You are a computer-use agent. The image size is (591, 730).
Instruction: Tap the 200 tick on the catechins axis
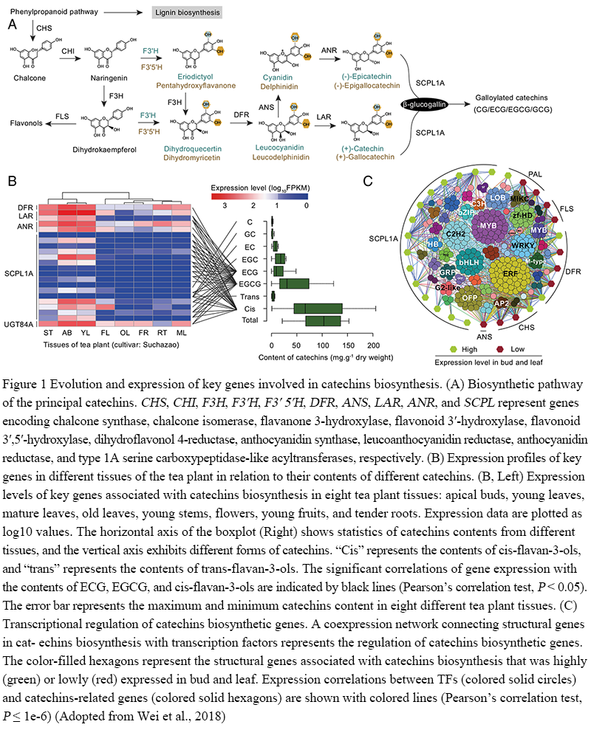point(373,345)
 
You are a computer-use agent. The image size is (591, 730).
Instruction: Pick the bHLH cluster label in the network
point(468,262)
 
